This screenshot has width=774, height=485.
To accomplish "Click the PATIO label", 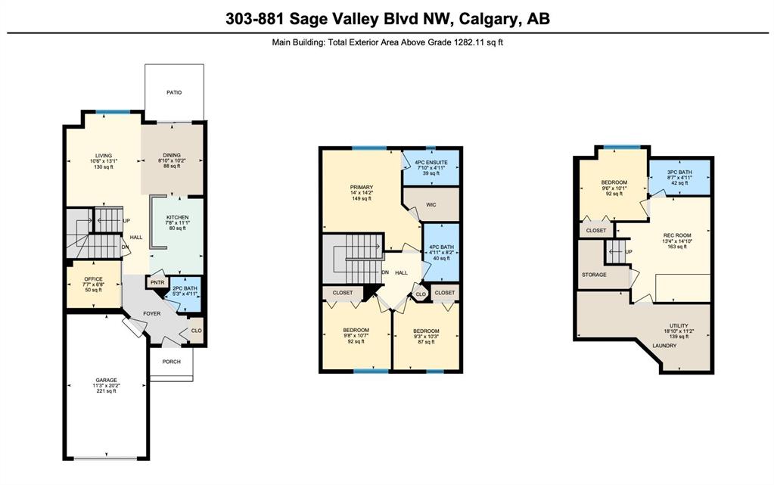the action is click(174, 92).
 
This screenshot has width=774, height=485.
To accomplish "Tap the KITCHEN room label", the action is click(177, 217).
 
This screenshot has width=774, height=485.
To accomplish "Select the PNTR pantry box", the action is click(157, 282).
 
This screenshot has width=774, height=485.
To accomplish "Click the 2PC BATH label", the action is click(185, 288).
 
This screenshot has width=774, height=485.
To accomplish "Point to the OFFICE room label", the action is click(93, 279).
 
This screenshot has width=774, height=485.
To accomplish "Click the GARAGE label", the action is click(107, 381).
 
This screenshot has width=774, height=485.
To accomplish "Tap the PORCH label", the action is click(171, 362).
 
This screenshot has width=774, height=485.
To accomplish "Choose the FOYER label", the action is click(152, 313).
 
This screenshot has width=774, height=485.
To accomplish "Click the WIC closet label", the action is click(431, 204).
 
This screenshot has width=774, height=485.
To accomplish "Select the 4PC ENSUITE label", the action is click(431, 162).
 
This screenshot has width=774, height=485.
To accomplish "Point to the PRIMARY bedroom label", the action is click(362, 187).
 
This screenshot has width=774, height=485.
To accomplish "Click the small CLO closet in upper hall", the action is click(420, 294).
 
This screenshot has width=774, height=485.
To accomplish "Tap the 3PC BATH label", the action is click(679, 172).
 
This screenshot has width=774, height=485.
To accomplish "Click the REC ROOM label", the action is click(677, 235).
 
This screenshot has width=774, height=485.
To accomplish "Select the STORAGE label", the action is click(594, 275).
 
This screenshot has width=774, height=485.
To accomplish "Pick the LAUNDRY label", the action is click(664, 346).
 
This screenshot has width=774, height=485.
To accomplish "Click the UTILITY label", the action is click(679, 325).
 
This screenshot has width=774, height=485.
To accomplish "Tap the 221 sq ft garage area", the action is click(107, 391).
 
